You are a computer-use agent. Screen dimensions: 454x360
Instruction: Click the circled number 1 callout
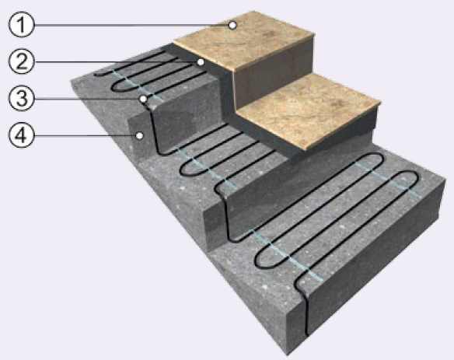pos(21,25)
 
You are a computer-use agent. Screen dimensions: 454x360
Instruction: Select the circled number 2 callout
pos(21,61)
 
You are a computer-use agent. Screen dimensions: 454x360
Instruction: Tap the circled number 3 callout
pos(21,99)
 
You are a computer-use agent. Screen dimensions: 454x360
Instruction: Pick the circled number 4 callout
pos(21,135)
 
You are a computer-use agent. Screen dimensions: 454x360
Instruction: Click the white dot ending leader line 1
pos(232,26)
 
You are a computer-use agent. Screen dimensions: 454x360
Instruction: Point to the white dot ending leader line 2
pos(200,62)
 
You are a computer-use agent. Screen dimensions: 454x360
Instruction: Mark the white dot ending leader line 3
pos(143,99)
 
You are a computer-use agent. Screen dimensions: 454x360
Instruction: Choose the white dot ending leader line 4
pos(140,135)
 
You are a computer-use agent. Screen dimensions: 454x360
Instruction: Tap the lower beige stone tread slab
pos(309,111)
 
